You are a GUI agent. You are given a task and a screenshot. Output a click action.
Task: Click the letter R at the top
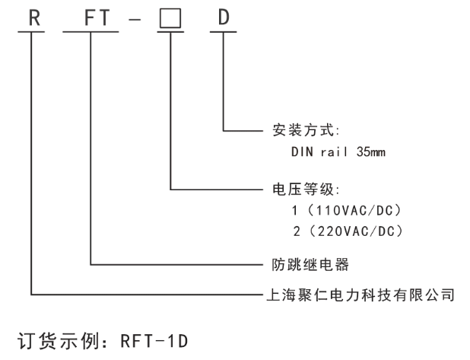(33, 17)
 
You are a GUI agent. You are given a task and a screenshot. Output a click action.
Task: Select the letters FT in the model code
(91, 17)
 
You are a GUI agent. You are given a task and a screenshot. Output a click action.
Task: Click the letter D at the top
(224, 17)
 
